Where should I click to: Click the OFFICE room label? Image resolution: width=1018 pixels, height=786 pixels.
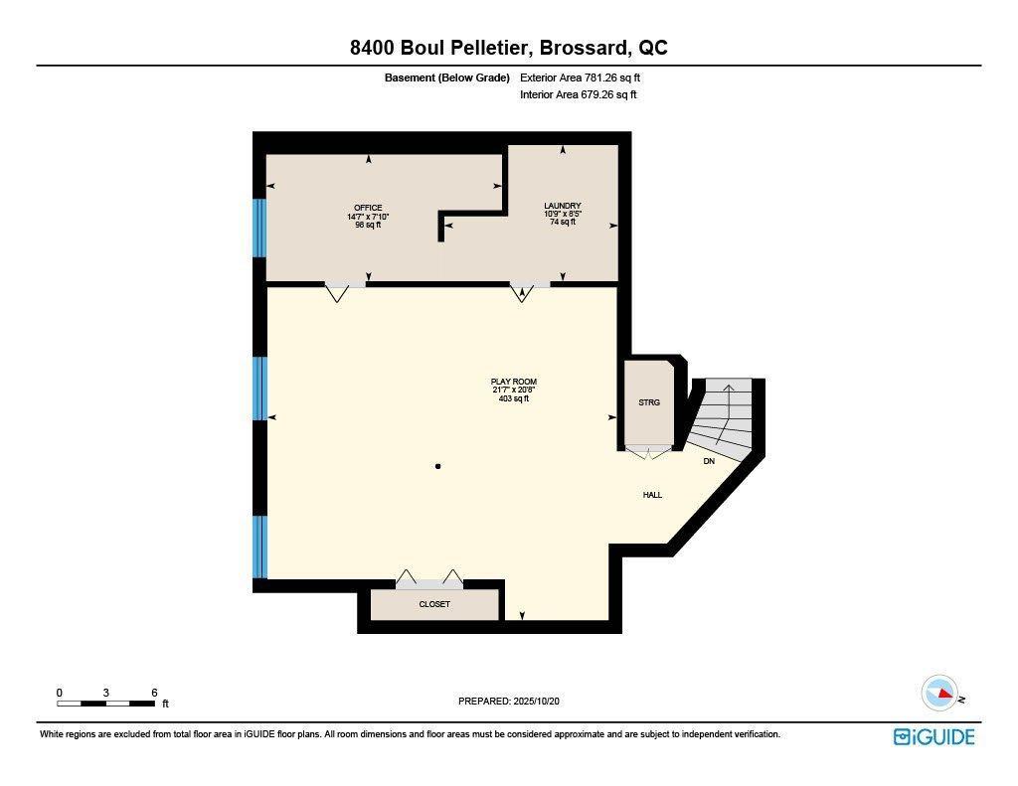tap(368, 208)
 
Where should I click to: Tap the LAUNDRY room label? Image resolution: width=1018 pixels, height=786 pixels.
tap(563, 206)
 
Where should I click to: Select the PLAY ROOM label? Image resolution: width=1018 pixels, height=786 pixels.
tap(514, 382)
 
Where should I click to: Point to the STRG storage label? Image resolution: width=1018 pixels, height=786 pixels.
tap(649, 402)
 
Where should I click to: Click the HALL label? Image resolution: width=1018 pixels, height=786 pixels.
tap(652, 495)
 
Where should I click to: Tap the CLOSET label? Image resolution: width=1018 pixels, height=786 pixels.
tap(434, 604)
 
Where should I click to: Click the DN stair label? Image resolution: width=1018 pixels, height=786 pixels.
tap(709, 461)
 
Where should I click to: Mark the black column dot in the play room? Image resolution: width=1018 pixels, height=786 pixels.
tap(437, 466)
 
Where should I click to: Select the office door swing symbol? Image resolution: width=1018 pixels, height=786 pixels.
tap(337, 292)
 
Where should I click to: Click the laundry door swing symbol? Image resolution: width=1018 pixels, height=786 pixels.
tap(522, 292)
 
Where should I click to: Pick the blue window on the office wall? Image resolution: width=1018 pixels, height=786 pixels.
tap(260, 229)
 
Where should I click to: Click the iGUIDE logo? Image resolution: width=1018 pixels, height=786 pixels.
tap(933, 736)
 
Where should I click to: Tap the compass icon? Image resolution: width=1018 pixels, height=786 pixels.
tap(939, 693)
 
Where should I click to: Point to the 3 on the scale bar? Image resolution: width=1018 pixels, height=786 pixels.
tap(105, 693)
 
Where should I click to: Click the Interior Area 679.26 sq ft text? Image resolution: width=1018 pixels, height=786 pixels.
tap(578, 95)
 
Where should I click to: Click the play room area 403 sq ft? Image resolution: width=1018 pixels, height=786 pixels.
tap(514, 399)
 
